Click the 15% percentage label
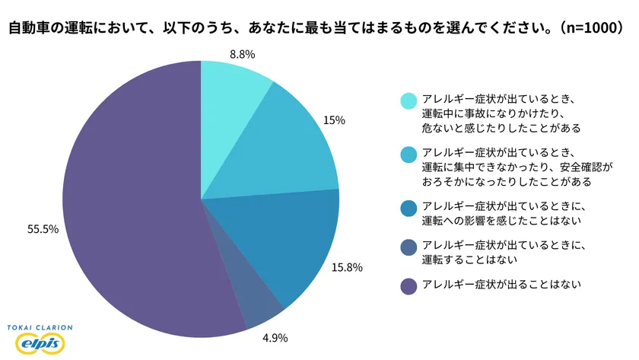pyautogui.click(x=335, y=119)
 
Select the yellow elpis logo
pyautogui.click(x=39, y=343)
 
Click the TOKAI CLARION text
pyautogui.click(x=40, y=327)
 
